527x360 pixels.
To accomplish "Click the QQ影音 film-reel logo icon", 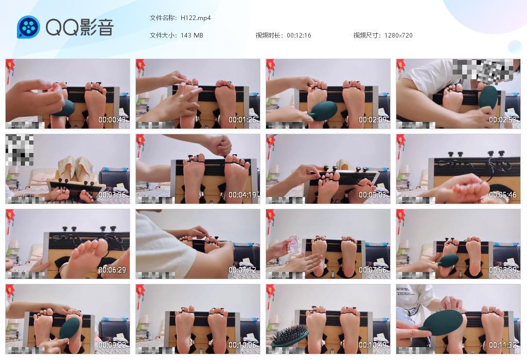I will pos(28,27).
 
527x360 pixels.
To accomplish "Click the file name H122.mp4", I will pos(196,18).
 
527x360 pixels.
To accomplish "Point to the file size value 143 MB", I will pos(192,35).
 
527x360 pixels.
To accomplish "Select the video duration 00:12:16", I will pos(299,35).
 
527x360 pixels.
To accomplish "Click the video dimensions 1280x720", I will pos(398,35).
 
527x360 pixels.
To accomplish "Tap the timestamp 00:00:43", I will pos(112,120).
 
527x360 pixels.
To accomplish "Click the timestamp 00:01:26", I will pos(242,120).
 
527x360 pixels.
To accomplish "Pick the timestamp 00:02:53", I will pos(503,120).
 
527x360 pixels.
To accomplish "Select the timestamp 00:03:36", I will pos(112,195).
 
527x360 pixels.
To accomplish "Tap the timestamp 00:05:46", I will pos(503,195).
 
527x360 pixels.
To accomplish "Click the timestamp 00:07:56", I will pos(373,270).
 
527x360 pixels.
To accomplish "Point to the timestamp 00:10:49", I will pos(373,345).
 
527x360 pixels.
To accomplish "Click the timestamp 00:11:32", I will pos(503,345).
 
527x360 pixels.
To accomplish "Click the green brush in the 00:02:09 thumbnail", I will pos(323,111).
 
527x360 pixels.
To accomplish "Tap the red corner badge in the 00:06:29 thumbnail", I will pos(10,215).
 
